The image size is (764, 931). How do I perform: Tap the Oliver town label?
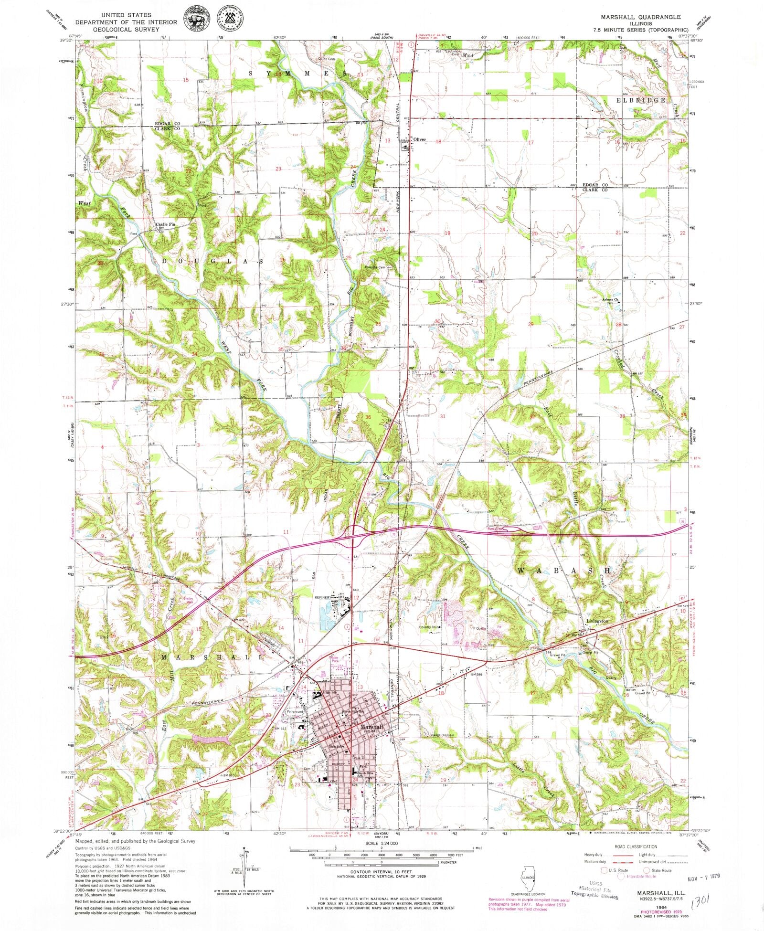click(419, 140)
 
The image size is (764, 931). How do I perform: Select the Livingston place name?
click(597, 621)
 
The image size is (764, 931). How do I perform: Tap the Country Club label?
click(429, 627)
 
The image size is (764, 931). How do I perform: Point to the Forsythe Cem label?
click(375, 267)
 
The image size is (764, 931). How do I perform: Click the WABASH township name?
click(563, 571)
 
